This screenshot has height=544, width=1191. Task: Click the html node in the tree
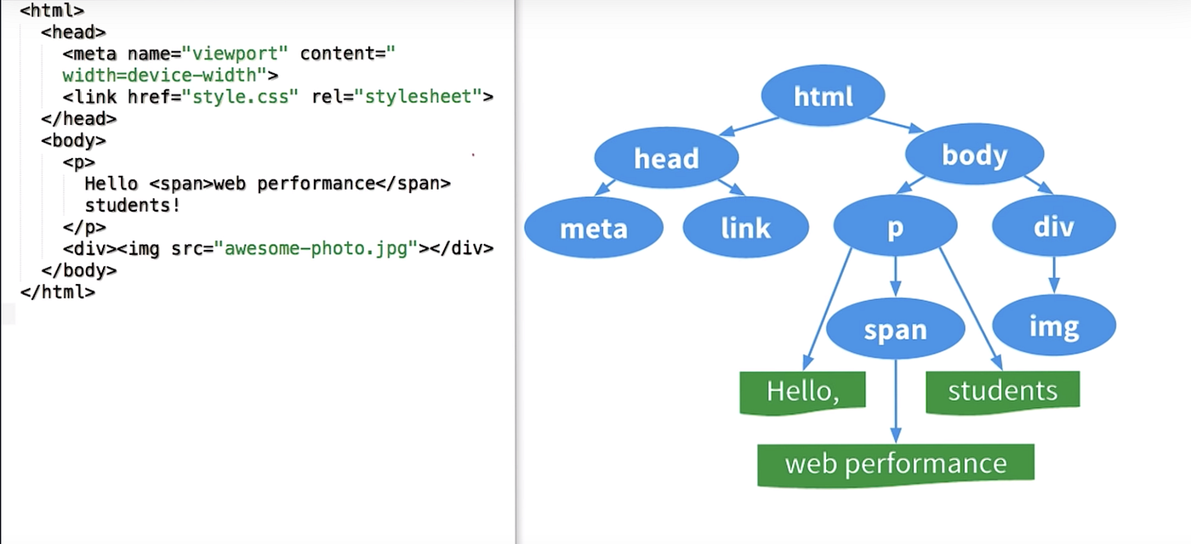pyautogui.click(x=823, y=95)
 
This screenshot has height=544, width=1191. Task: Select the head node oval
pyautogui.click(x=666, y=158)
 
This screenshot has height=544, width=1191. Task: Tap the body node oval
pyautogui.click(x=974, y=155)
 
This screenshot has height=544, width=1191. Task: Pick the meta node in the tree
pyautogui.click(x=593, y=228)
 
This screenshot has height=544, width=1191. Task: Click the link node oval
pyautogui.click(x=745, y=227)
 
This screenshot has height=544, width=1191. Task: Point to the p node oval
pyautogui.click(x=895, y=227)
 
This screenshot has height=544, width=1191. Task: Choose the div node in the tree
pyautogui.click(x=1053, y=226)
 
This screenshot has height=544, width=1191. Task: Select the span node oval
pyautogui.click(x=895, y=329)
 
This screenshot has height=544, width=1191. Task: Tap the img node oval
pyautogui.click(x=1053, y=326)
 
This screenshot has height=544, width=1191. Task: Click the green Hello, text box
pyautogui.click(x=802, y=392)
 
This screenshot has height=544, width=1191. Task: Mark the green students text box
pyautogui.click(x=1002, y=391)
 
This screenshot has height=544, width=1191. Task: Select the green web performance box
pyautogui.click(x=895, y=464)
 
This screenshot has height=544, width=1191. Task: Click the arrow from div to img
pyautogui.click(x=1054, y=275)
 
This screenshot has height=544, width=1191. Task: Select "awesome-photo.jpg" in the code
pyautogui.click(x=316, y=249)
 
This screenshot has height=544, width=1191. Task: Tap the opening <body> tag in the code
pyautogui.click(x=73, y=140)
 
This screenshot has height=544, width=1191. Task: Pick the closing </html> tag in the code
pyautogui.click(x=58, y=292)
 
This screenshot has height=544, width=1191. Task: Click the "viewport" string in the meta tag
pyautogui.click(x=235, y=54)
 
